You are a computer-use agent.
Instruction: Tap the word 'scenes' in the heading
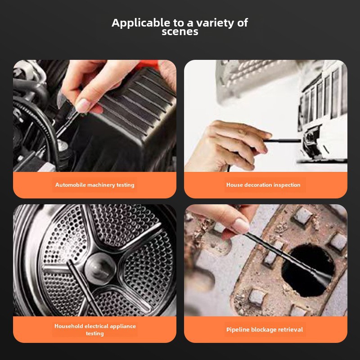[x=180, y=32]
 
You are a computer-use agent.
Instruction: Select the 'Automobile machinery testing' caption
[x=94, y=185]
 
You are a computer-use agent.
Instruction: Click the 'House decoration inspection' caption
[x=263, y=185]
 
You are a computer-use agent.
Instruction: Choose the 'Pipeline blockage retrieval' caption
[x=264, y=330]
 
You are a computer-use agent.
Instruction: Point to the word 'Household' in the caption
[x=69, y=326]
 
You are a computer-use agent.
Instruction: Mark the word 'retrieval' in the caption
[x=290, y=330]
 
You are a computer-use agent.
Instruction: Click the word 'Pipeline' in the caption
[x=238, y=330]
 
